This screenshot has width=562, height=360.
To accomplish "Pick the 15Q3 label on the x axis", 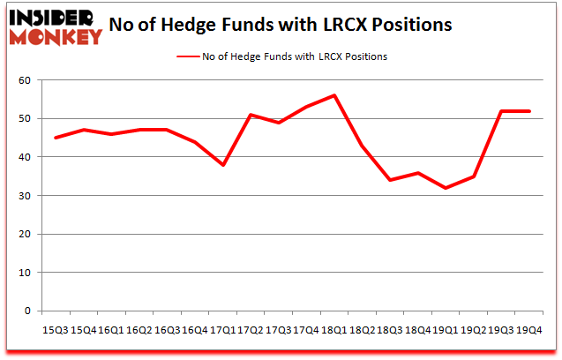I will click(x=56, y=329).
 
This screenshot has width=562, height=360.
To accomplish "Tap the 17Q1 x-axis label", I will click(x=224, y=329).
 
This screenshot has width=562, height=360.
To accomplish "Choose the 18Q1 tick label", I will click(x=335, y=329).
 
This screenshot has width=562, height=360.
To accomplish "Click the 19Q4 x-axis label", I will click(x=528, y=329).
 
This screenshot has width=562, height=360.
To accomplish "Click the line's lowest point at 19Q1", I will click(x=446, y=188).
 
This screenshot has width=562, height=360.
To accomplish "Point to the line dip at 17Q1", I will click(x=224, y=165).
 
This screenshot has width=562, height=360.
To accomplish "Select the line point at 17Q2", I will click(x=251, y=115).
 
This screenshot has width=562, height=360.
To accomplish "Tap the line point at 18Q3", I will click(x=390, y=180).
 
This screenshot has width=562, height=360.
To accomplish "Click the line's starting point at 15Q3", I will click(x=56, y=138).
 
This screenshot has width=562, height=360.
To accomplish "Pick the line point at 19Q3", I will click(x=501, y=111).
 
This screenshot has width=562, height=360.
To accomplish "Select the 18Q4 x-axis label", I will click(x=418, y=329).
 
